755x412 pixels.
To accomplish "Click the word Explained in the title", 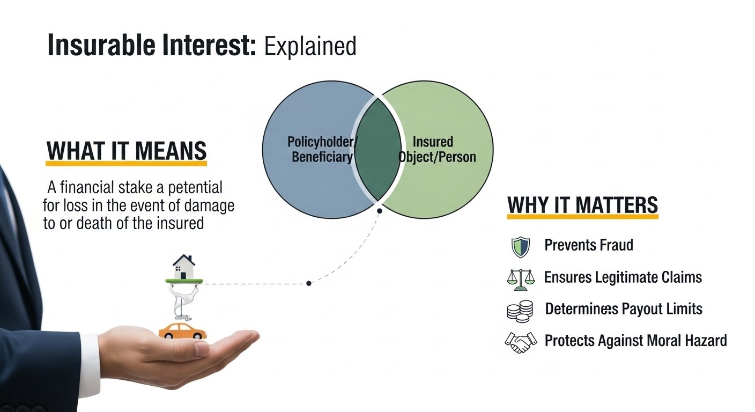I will (310, 46).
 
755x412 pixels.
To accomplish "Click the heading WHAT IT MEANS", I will (127, 151).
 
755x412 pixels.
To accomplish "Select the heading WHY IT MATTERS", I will (582, 205).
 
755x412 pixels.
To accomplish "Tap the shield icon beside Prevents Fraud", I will (520, 247).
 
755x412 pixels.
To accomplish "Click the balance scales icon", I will (520, 278).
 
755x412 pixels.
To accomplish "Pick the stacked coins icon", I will (520, 311).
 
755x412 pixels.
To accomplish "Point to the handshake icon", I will (520, 342).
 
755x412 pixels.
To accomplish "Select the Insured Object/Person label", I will (437, 150).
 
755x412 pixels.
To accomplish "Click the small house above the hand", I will (184, 267).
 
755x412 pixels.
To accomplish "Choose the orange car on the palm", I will (182, 330).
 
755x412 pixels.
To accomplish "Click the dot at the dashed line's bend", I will (308, 283).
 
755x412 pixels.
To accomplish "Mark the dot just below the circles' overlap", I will (380, 211).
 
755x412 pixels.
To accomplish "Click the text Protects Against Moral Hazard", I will (635, 340).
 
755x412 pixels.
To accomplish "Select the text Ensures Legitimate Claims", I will (623, 277).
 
